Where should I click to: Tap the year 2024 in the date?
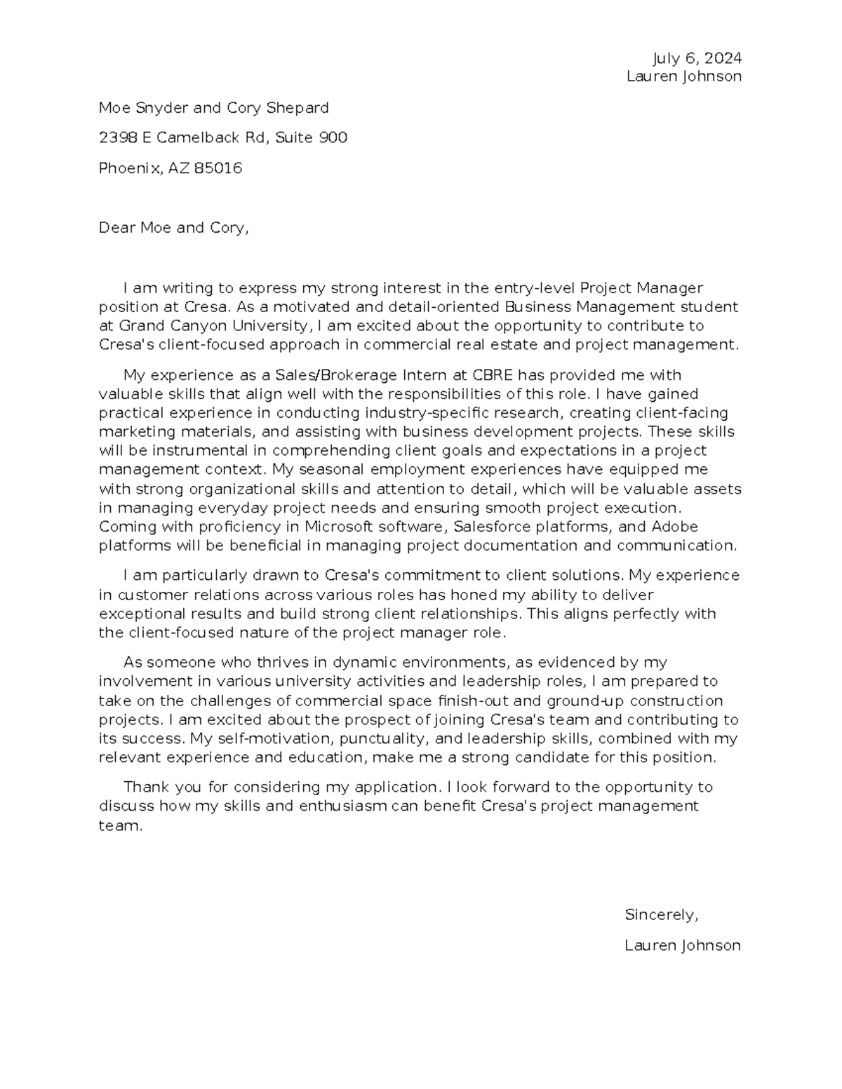click(x=723, y=58)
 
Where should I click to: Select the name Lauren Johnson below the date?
click(x=683, y=76)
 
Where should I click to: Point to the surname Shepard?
click(x=298, y=108)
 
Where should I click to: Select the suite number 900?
click(x=333, y=137)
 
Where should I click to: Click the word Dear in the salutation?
click(x=116, y=228)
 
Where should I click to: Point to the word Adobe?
click(x=674, y=527)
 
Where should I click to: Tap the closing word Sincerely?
click(x=661, y=915)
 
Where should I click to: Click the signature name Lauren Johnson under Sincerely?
click(x=682, y=946)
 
